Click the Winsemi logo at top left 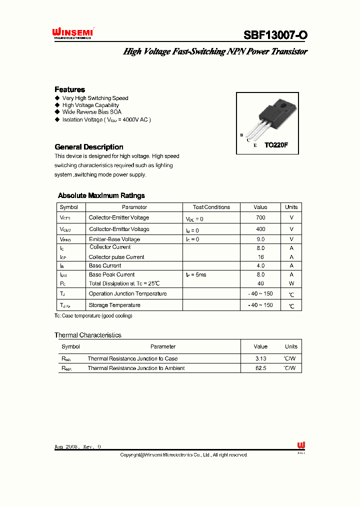(x=73, y=33)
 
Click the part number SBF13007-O (x=275, y=35)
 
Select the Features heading (x=69, y=89)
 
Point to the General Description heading (x=88, y=147)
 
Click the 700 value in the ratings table (x=260, y=218)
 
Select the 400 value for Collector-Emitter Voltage (x=260, y=229)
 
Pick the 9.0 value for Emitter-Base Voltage (x=260, y=239)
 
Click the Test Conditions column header (x=211, y=207)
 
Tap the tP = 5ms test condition (x=196, y=274)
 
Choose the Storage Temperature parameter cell (x=114, y=305)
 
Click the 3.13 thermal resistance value (x=260, y=358)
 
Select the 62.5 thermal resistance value (x=260, y=368)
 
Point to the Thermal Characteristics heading (x=88, y=335)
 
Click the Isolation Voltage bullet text (x=106, y=120)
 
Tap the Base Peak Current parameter (x=111, y=274)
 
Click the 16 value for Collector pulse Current (x=260, y=257)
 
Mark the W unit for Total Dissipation (x=291, y=283)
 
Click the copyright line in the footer (x=183, y=455)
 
